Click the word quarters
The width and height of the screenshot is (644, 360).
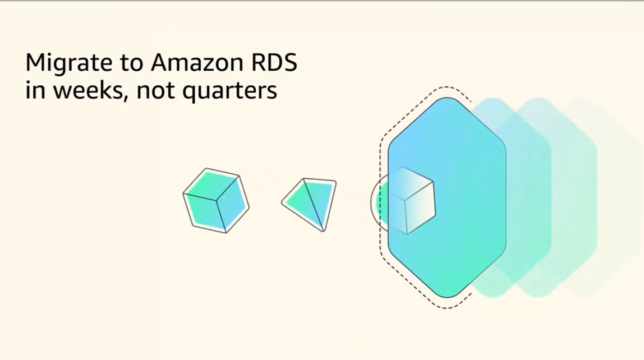[x=229, y=91]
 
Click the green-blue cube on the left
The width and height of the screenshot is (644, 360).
[x=216, y=201]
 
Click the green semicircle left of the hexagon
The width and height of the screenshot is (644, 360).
[x=382, y=202]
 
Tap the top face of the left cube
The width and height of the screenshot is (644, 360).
[x=211, y=184]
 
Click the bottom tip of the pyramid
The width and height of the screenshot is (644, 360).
[x=323, y=230]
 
